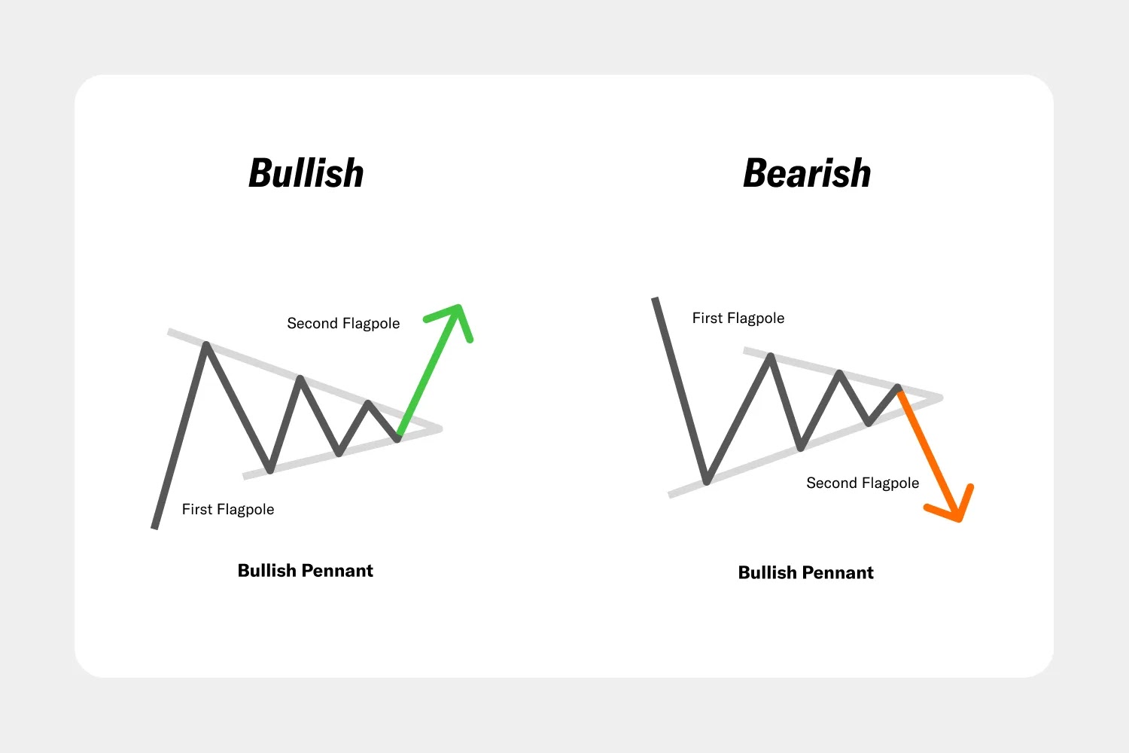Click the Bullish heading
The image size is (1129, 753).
coord(306,173)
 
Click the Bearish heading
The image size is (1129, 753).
coord(807,173)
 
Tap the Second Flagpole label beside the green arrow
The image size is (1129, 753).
coord(343,323)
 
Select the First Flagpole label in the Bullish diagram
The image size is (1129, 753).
coord(228,509)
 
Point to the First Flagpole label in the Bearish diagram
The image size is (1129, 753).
coord(738,319)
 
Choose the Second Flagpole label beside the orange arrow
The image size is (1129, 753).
coord(863,483)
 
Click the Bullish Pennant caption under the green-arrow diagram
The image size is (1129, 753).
coord(306,571)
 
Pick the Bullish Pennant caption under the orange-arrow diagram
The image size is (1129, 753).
coord(806,572)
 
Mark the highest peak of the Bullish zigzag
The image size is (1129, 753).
coord(206,344)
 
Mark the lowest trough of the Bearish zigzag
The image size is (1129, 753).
coord(707,482)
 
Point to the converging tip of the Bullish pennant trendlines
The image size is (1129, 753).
coord(440,428)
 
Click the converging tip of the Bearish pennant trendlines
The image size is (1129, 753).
coord(941,398)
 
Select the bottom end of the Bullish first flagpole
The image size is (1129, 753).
coord(155,528)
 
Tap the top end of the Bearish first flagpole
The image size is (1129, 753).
coord(656,299)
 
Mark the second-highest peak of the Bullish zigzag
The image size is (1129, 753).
coord(300,378)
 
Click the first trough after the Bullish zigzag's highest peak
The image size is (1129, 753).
coord(270,470)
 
